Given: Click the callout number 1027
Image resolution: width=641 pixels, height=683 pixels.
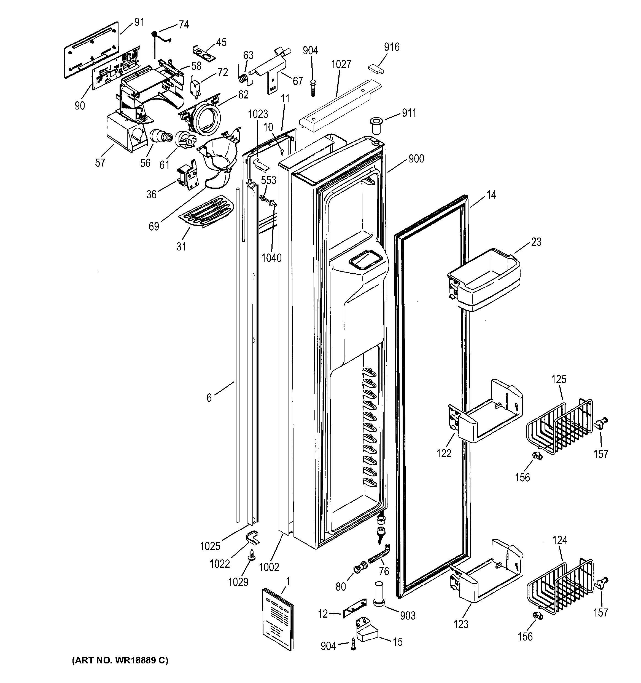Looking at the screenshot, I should coord(341,65).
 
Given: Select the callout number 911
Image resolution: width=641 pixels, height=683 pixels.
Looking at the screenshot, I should coord(409,113).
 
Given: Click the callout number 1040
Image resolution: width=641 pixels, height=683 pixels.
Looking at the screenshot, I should coord(271,258).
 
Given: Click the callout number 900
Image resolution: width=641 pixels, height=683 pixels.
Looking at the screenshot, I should coord(416,159).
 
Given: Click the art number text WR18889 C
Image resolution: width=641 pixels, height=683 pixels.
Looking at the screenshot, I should coord(120,661).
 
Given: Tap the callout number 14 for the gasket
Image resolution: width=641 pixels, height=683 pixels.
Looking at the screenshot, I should coord(491,195).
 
